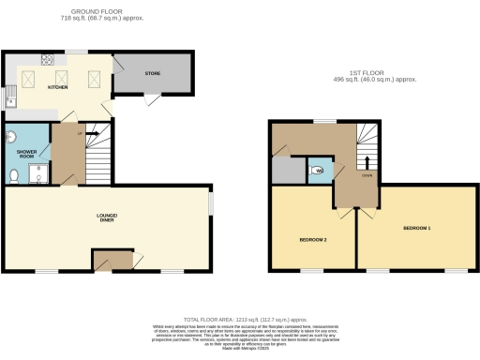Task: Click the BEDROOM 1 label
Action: pos(417,228)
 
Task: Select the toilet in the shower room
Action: pos(14,176)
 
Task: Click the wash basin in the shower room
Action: pos(12,137)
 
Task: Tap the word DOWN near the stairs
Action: pos(367,174)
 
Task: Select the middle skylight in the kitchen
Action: pos(63,78)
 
